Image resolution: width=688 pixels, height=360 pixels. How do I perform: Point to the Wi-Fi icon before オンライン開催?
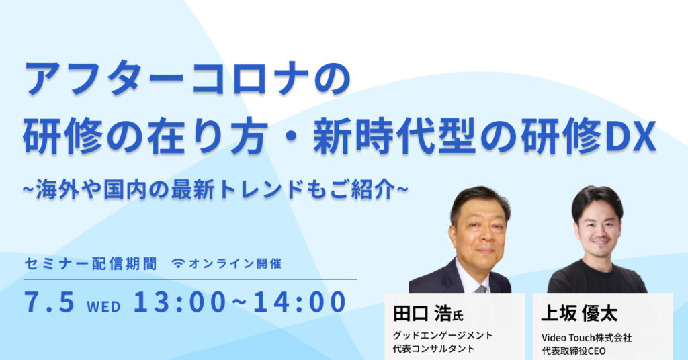click(178, 263)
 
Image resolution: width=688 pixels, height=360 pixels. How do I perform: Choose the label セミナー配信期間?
click(90, 263)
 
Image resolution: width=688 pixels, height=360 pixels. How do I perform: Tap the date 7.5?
click(49, 302)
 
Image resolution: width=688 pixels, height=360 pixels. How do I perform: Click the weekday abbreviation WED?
click(103, 306)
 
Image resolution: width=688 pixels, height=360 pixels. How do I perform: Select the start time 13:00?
click(178, 302)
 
